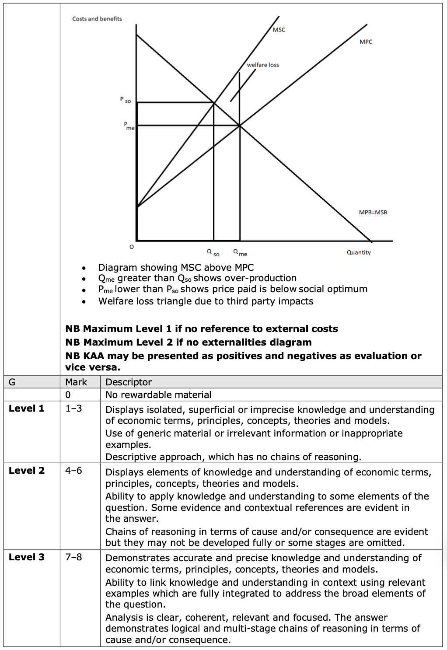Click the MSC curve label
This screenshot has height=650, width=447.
[279, 30]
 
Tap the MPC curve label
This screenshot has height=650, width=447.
[366, 42]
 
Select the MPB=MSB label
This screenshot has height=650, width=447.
[373, 213]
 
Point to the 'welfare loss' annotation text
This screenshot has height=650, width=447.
[263, 65]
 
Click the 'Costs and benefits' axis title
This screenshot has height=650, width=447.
[97, 19]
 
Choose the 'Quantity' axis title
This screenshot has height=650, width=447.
[359, 252]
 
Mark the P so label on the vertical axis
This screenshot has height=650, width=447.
[126, 100]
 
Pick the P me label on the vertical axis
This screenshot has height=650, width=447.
[129, 126]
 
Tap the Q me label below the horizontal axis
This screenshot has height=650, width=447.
[240, 253]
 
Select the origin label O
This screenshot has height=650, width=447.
[131, 247]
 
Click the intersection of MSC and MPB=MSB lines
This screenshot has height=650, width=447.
[214, 103]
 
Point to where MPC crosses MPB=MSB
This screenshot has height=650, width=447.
[240, 126]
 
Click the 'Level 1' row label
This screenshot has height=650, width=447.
[27, 409]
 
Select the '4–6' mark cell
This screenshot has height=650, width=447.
[73, 471]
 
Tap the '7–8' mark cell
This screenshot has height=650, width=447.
[73, 557]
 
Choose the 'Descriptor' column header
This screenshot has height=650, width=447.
[129, 382]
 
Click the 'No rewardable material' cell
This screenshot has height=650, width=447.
[158, 395]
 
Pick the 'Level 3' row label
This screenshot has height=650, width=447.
[27, 557]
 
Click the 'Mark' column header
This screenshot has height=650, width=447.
[76, 382]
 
